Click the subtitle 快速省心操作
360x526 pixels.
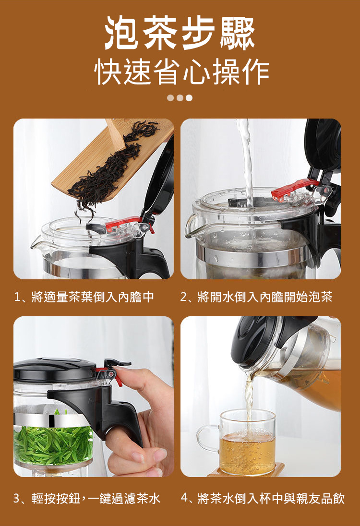tap(181, 72)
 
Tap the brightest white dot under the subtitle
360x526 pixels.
tap(189, 98)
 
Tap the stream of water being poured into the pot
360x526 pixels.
tap(247, 161)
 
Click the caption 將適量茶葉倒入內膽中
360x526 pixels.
tap(93, 297)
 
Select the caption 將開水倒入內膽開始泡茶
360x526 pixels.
tap(265, 297)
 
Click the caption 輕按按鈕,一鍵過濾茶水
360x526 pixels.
tap(96, 498)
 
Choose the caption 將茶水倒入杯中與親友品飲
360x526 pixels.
tap(271, 498)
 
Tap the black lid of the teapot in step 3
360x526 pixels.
tap(55, 370)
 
